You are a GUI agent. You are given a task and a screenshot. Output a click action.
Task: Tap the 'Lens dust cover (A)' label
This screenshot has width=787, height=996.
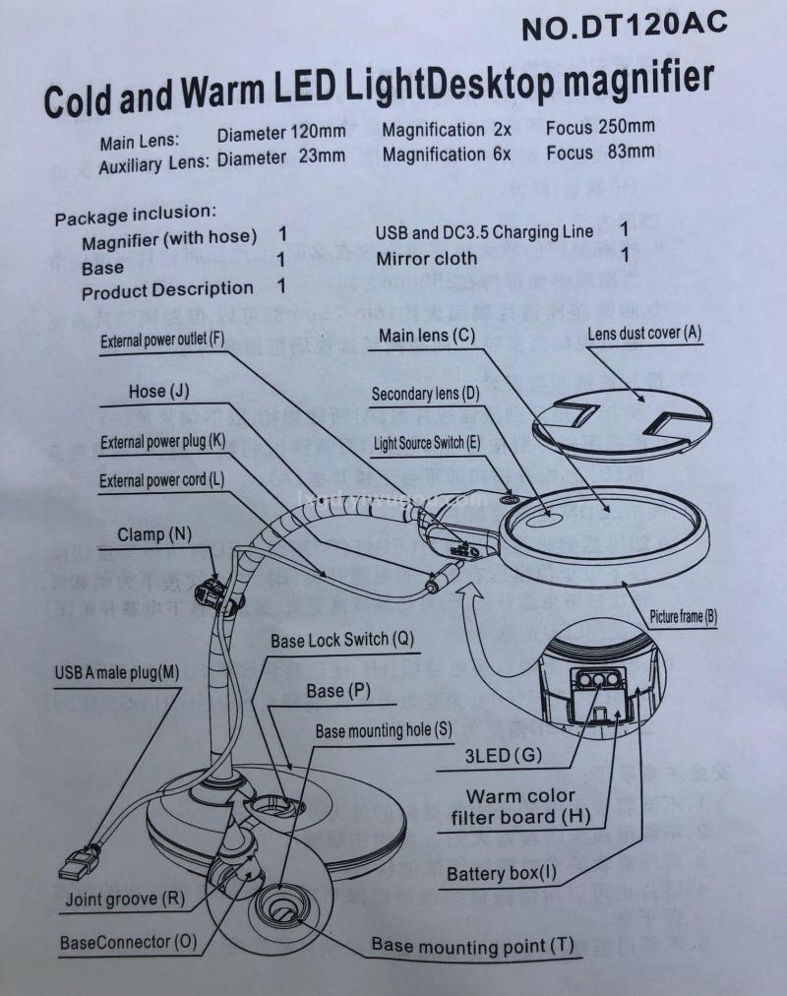644,333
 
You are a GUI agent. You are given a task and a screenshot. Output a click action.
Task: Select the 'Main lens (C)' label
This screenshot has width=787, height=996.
427,336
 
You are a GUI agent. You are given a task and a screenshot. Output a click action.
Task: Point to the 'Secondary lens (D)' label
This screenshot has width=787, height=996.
425,395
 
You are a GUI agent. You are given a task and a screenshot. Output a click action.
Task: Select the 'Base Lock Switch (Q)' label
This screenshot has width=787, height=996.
342,640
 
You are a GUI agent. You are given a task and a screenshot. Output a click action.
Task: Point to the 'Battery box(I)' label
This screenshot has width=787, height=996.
502,873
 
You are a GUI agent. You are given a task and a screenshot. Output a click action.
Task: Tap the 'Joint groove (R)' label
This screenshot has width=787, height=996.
125,898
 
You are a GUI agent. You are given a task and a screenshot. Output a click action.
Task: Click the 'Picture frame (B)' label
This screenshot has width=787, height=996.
683,618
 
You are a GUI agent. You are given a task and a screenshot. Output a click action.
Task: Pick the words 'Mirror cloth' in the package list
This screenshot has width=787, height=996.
426,258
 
